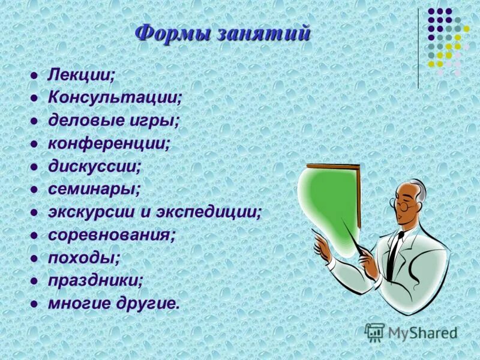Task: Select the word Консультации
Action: point(115,98)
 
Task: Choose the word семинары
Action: point(94,188)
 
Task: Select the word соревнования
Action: point(112,235)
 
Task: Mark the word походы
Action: point(84,258)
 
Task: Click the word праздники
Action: point(95,280)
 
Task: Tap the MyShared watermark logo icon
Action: point(375,332)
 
